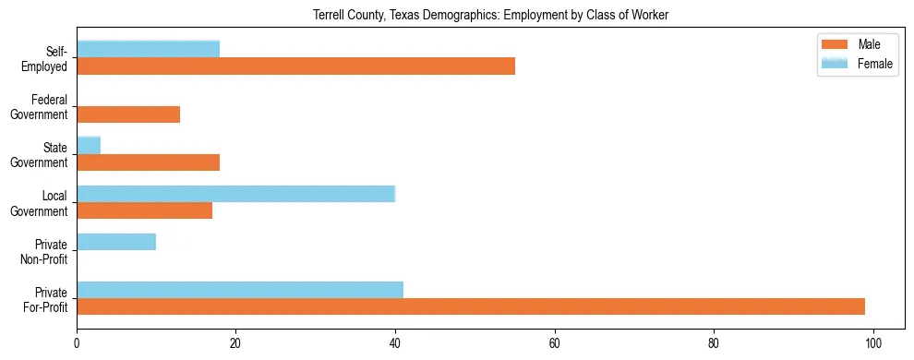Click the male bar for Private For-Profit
(471, 306)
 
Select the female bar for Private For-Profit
(240, 290)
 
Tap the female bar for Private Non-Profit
(116, 242)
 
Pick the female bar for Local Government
(235, 194)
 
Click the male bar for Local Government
(144, 210)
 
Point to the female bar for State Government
(89, 145)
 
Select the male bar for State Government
(148, 162)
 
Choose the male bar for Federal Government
(128, 114)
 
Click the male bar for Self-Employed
(295, 66)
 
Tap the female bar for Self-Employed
(148, 49)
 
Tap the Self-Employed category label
(50, 58)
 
